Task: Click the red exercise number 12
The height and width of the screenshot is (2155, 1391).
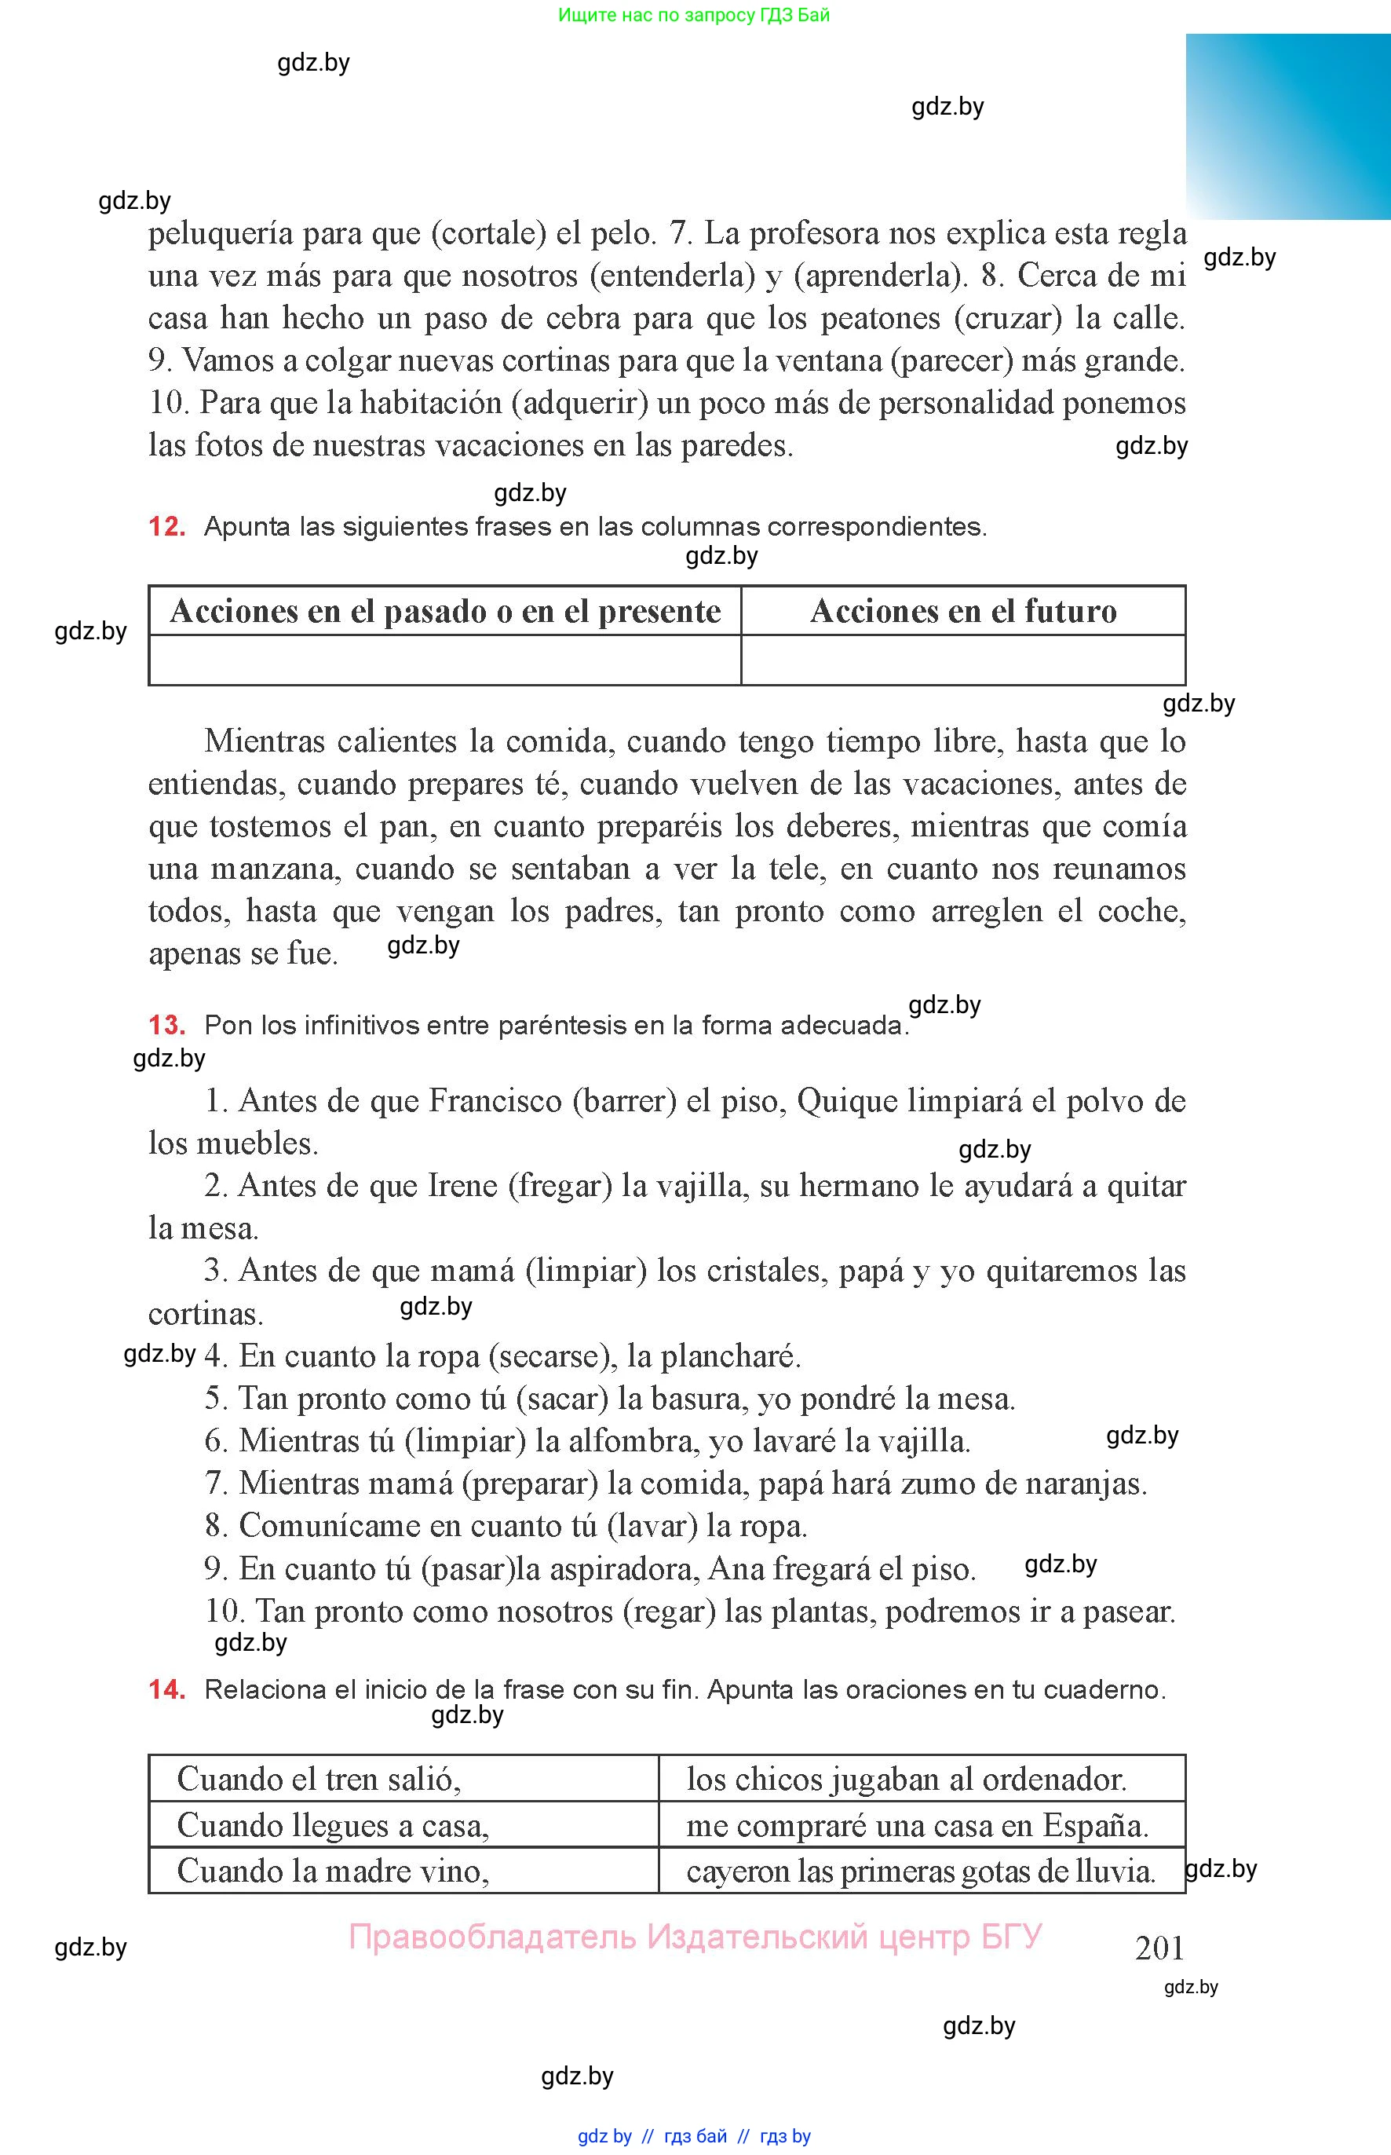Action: (x=166, y=527)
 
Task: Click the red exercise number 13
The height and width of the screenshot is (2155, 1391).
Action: (x=166, y=1026)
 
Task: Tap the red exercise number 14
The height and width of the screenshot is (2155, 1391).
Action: (x=166, y=1689)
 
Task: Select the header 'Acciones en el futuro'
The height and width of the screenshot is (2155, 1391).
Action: (x=963, y=612)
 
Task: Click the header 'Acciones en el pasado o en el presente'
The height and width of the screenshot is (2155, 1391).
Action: (x=445, y=612)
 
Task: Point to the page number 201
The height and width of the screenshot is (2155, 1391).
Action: (x=1159, y=1947)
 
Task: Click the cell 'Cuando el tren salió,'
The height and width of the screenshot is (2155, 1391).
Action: (x=319, y=1779)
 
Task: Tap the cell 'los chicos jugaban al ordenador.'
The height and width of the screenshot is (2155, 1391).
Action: (x=906, y=1779)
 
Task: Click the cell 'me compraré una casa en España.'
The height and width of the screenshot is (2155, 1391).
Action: (x=917, y=1825)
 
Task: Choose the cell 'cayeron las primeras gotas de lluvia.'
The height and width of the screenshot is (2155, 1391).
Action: (x=921, y=1871)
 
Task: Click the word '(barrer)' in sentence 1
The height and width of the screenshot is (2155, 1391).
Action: (x=624, y=1101)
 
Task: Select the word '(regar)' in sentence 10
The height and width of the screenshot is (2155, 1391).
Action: (x=670, y=1611)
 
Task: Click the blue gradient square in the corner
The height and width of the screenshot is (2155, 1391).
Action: (x=1288, y=126)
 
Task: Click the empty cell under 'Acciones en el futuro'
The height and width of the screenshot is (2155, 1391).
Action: (x=963, y=660)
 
